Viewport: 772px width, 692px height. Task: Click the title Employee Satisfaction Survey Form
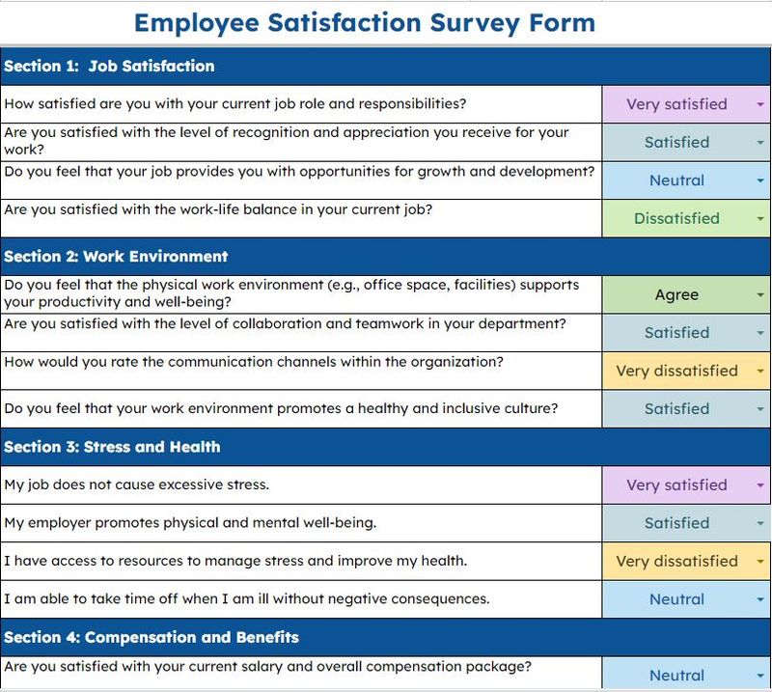coord(364,22)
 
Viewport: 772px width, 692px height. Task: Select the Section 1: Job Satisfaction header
coord(109,67)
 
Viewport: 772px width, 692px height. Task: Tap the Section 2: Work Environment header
coord(116,257)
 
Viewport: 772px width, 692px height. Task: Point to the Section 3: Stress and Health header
coord(112,447)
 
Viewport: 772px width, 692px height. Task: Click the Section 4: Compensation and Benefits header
coord(152,637)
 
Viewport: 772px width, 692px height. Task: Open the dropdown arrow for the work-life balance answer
coord(760,219)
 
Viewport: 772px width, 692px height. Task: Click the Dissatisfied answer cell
coord(676,219)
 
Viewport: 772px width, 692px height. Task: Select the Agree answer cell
coord(676,295)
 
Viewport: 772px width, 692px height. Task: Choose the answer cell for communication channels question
coord(676,371)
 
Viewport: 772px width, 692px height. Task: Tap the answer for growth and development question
coord(676,180)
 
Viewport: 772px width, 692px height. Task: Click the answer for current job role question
coord(676,104)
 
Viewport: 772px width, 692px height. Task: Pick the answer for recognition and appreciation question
coord(676,142)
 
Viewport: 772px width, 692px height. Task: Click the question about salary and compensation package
coord(267,667)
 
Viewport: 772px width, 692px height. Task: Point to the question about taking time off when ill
coord(246,598)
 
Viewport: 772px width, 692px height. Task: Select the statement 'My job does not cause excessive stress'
coord(136,484)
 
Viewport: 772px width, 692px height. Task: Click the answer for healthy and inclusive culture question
coord(676,409)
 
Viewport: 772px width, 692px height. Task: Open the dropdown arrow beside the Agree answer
coord(760,295)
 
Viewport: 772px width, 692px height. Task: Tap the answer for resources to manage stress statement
coord(676,561)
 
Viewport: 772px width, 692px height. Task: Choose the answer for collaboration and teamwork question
coord(676,333)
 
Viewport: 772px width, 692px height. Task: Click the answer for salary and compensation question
coord(676,676)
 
